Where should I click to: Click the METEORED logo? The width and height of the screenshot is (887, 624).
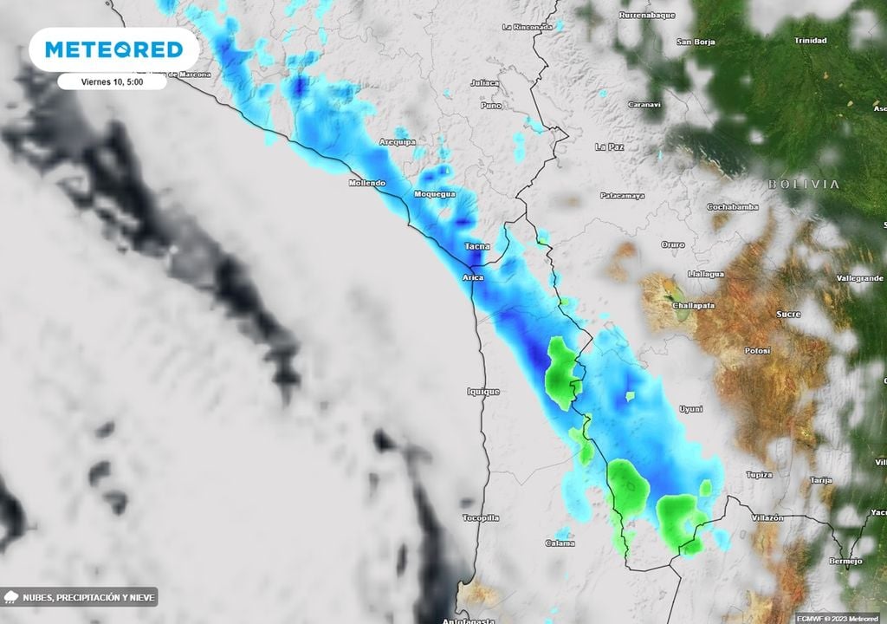pyautogui.click(x=113, y=49)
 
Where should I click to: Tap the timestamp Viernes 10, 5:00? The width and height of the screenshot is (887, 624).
pyautogui.click(x=112, y=81)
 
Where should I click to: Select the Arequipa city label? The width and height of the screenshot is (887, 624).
pyautogui.click(x=398, y=141)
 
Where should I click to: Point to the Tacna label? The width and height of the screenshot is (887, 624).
pyautogui.click(x=477, y=246)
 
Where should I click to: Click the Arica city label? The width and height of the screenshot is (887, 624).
pyautogui.click(x=473, y=277)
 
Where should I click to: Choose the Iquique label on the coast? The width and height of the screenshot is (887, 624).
pyautogui.click(x=483, y=392)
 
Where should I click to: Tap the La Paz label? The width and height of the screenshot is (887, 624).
pyautogui.click(x=610, y=147)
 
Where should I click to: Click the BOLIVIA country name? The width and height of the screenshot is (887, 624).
pyautogui.click(x=803, y=184)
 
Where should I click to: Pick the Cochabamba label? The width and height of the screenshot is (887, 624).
pyautogui.click(x=733, y=207)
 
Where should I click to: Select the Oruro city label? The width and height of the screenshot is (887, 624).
pyautogui.click(x=673, y=244)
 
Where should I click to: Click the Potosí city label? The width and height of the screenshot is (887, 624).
pyautogui.click(x=757, y=351)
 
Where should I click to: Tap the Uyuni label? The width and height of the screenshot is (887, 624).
pyautogui.click(x=690, y=408)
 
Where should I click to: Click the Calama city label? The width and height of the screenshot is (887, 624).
pyautogui.click(x=560, y=543)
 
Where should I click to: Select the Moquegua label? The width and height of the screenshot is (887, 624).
pyautogui.click(x=435, y=194)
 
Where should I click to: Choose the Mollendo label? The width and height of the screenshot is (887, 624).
pyautogui.click(x=366, y=183)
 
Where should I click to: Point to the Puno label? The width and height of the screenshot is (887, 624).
pyautogui.click(x=491, y=105)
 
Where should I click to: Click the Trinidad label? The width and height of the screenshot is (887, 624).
pyautogui.click(x=811, y=41)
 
